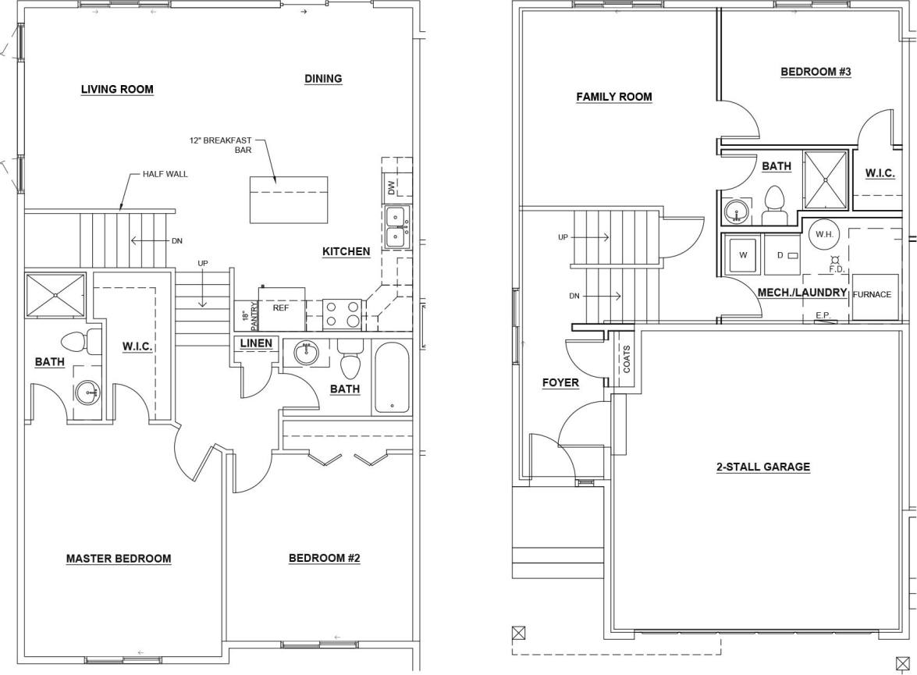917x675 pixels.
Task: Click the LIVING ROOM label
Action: coord(117,90)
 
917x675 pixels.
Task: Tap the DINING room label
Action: coord(323,79)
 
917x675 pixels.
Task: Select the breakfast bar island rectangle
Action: coord(287,200)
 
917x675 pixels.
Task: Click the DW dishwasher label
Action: coord(391,187)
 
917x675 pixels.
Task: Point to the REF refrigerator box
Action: coord(282,307)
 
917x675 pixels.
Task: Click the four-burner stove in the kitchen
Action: coord(342,314)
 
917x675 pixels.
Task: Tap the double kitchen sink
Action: coord(396,226)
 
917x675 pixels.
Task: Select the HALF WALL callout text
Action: coord(165,174)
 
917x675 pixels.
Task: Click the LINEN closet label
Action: coord(256,343)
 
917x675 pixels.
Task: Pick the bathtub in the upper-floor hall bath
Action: coord(391,378)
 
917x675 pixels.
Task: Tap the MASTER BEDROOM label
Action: coord(119,559)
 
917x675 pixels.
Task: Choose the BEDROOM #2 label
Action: coord(324,559)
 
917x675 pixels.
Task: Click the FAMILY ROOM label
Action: coord(614,98)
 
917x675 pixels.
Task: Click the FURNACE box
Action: coord(872,296)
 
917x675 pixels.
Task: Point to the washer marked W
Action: coord(742,254)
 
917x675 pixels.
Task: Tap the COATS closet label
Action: coord(627,359)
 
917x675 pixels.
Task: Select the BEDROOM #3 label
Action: coord(816,72)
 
